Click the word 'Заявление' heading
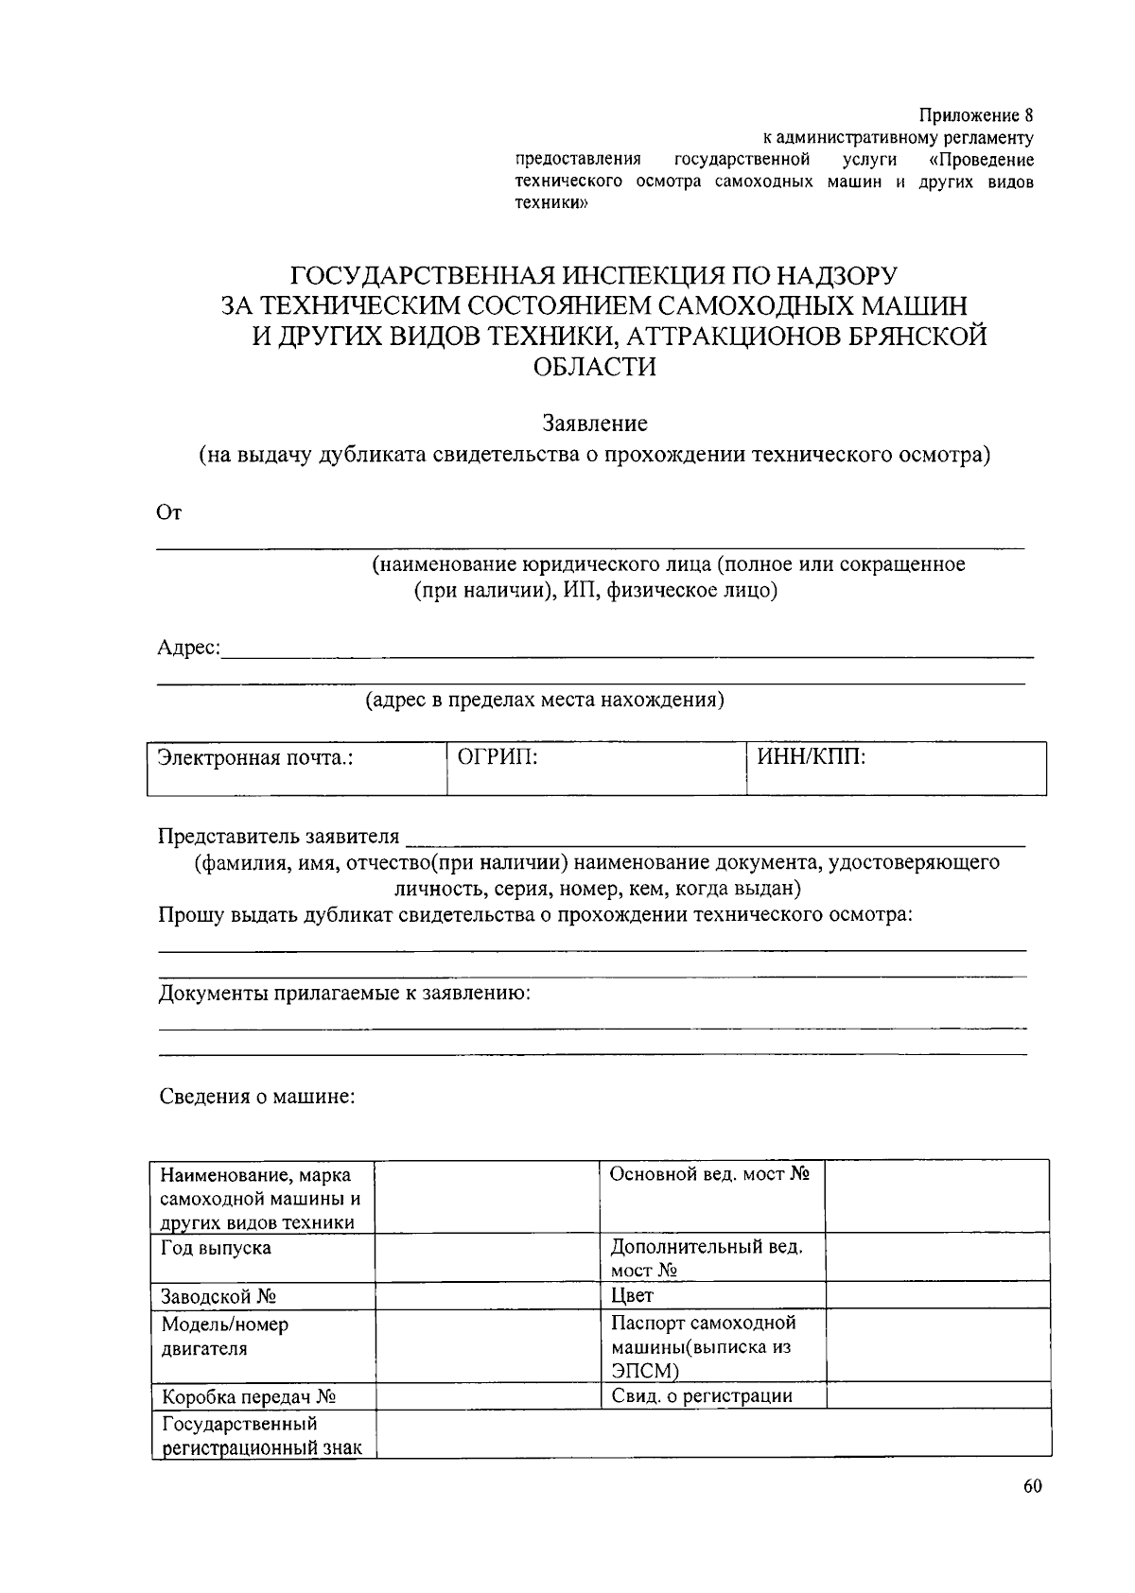coord(594,423)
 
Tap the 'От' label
coord(168,513)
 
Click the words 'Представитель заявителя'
coord(279,837)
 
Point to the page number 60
coord(1032,1486)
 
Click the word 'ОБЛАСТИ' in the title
coord(594,367)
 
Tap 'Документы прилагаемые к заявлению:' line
coord(344,994)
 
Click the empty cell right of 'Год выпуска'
coord(487,1258)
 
